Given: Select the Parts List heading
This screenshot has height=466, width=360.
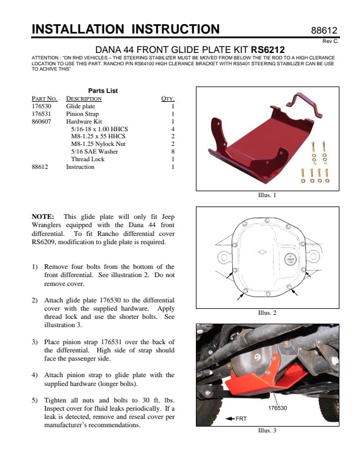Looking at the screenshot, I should [x=103, y=91].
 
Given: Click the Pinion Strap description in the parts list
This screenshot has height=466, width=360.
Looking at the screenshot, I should [x=82, y=114].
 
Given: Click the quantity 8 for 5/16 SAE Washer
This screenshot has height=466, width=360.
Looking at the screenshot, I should [x=173, y=152].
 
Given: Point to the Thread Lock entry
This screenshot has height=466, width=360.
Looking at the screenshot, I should [x=88, y=159].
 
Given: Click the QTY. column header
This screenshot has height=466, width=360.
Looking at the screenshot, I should [x=168, y=98].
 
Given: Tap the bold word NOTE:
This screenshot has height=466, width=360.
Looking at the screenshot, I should [x=42, y=217].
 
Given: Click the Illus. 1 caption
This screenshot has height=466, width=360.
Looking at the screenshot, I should [x=267, y=195].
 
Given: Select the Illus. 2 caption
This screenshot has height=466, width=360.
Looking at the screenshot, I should [x=267, y=313].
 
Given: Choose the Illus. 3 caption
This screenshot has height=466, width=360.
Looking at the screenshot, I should [x=267, y=430].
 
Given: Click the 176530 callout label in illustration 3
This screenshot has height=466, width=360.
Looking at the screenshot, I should [x=278, y=408].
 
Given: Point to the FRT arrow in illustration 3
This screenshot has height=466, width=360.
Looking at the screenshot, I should [x=237, y=418].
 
